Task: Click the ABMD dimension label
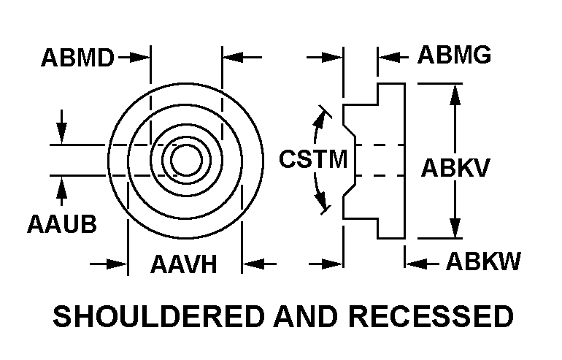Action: [78, 57]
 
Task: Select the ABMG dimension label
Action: [454, 55]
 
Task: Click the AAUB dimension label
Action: [62, 223]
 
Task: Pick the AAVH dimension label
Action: [184, 263]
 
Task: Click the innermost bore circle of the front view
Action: [186, 160]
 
